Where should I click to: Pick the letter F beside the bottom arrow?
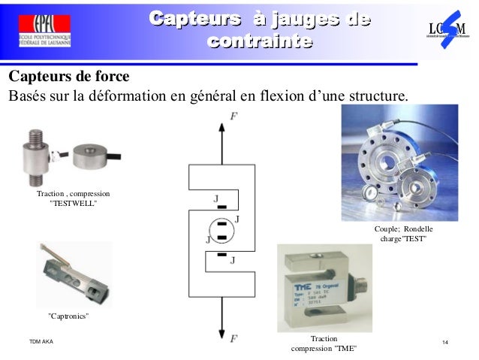233,339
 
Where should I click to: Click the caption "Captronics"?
69,313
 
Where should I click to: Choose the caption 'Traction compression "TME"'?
324,344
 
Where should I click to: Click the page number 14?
446,343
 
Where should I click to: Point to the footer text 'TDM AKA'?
41,343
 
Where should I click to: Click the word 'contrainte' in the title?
258,41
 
